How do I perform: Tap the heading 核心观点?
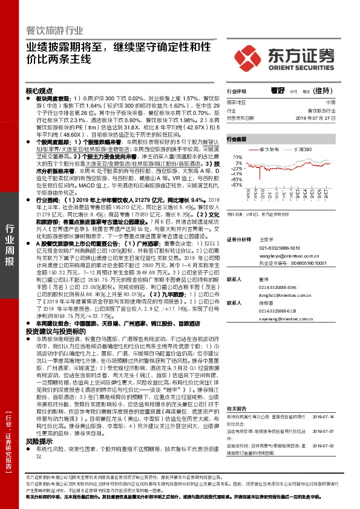[x=40, y=89]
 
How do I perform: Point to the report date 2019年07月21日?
[x=319, y=117]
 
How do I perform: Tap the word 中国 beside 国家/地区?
[x=330, y=103]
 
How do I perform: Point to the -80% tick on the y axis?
[x=235, y=203]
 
